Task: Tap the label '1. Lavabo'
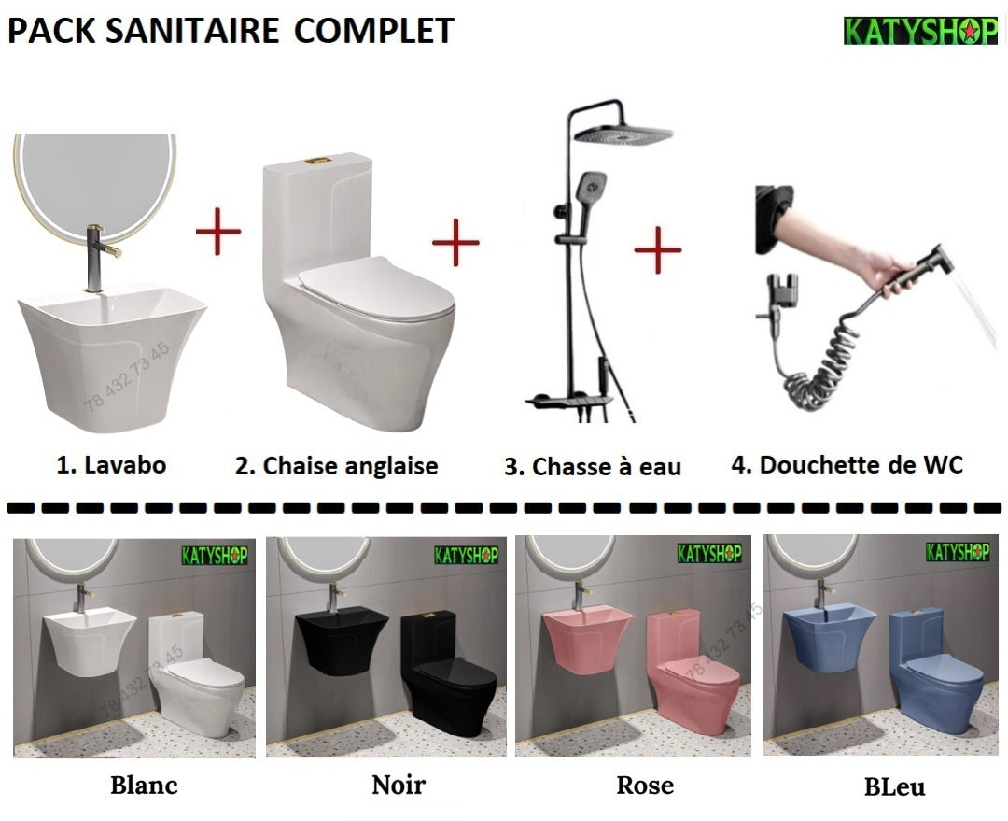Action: point(111,464)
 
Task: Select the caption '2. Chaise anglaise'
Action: point(336,465)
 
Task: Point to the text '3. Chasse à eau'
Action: point(593,466)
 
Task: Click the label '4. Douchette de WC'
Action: point(847,464)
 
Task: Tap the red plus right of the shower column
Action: point(658,249)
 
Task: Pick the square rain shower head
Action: point(623,134)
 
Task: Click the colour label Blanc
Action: point(144,784)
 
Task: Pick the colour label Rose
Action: point(645,785)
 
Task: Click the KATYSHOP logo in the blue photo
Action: point(958,551)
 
